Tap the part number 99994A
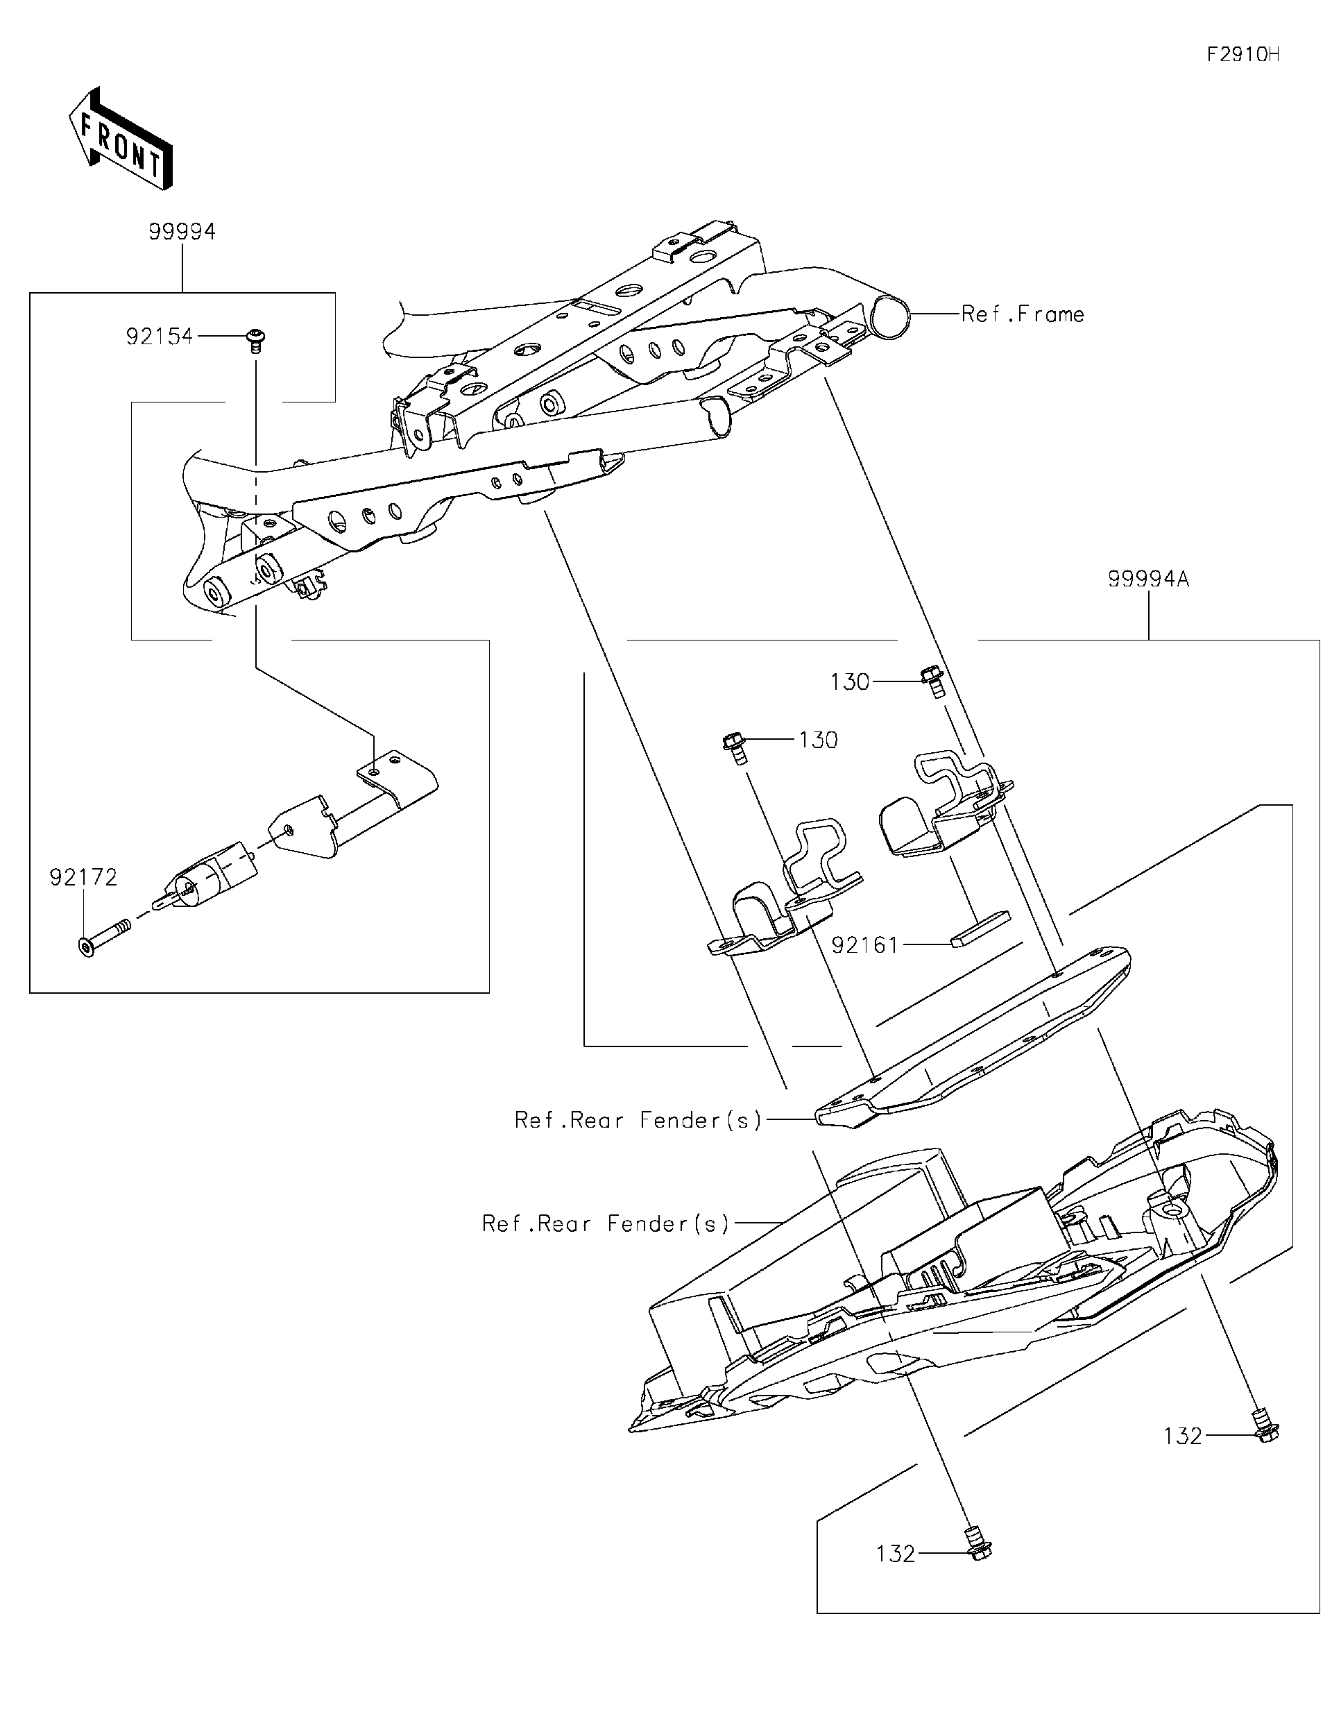pos(1147,579)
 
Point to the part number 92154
pos(159,337)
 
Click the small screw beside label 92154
pos(255,341)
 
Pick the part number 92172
pos(83,877)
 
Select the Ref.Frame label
pos(1023,314)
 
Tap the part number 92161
pos(865,945)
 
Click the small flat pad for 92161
pos(979,929)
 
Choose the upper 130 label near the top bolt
pos(850,681)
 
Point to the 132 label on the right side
pos(1183,1436)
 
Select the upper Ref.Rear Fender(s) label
pos(638,1120)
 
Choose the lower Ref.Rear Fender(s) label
pos(606,1223)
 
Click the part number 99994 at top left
pos(182,232)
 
